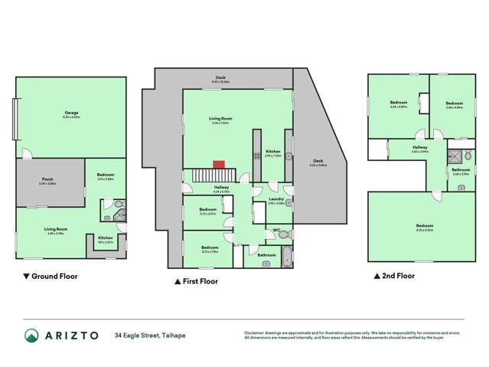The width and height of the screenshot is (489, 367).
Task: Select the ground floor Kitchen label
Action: [x=105, y=238]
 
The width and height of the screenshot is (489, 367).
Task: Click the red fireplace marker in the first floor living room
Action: [x=218, y=163]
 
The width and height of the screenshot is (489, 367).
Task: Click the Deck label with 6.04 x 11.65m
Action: [x=318, y=163]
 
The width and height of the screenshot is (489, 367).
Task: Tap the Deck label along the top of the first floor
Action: [x=220, y=78]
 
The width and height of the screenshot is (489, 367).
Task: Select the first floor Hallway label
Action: [x=221, y=187]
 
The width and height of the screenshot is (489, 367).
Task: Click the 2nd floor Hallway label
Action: [x=420, y=148]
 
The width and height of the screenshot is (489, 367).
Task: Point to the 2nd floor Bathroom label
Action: [x=461, y=170]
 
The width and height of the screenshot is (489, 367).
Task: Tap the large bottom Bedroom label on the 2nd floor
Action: [x=425, y=226]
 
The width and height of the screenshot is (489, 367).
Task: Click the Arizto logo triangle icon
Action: [x=31, y=335]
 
